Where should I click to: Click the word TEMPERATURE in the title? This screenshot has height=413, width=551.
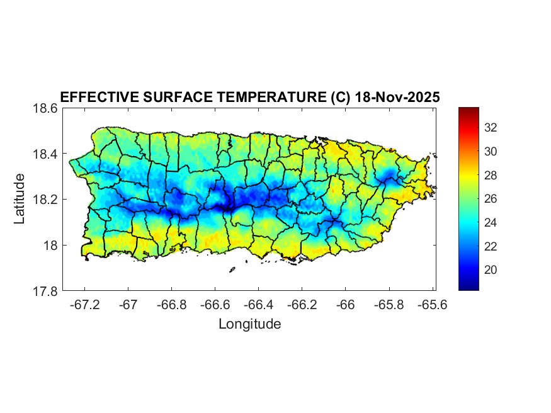[x=269, y=97]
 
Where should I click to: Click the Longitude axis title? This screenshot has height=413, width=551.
[x=249, y=324]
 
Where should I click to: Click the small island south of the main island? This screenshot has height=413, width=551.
[x=232, y=270]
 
